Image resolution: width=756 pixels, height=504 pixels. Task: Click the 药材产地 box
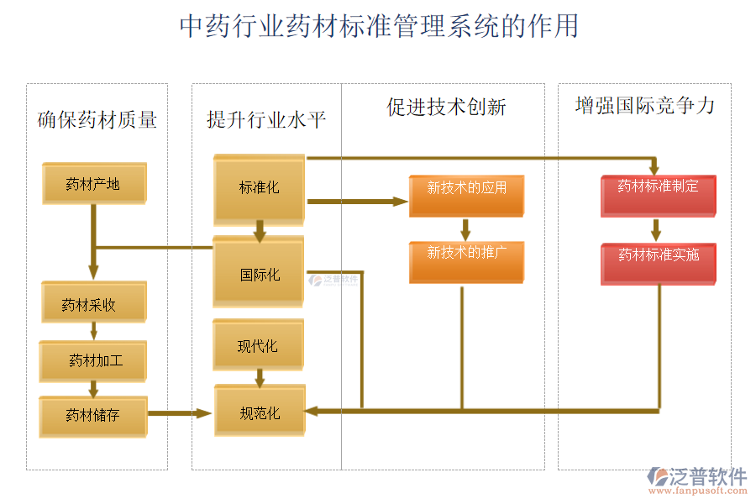click(x=93, y=183)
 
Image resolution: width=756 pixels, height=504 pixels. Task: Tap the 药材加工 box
click(x=93, y=360)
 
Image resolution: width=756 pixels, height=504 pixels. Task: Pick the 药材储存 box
click(x=93, y=416)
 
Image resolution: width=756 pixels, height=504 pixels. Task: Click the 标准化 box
click(x=259, y=188)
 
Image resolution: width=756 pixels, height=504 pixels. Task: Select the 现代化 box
click(x=259, y=345)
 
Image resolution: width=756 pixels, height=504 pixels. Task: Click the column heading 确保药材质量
click(x=97, y=120)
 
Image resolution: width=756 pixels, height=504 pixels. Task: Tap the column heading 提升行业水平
click(x=266, y=120)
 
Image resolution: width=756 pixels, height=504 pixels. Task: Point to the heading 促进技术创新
click(x=446, y=108)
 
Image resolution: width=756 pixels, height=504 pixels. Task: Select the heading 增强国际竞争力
click(x=644, y=106)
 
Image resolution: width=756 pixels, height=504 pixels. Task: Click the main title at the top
click(x=379, y=26)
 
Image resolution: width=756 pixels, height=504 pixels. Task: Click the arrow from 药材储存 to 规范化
click(x=179, y=412)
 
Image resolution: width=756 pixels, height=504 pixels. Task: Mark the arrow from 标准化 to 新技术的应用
click(x=357, y=202)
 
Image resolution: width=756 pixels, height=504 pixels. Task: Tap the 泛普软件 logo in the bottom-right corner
click(x=696, y=480)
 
